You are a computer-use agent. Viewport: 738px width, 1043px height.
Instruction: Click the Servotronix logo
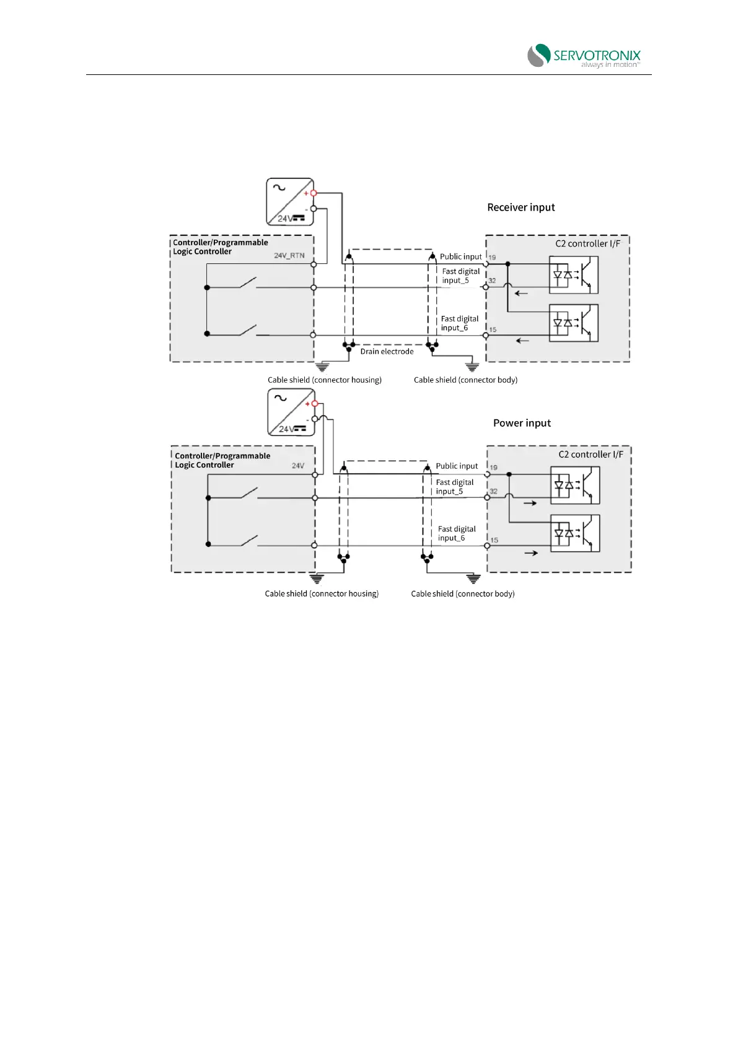pos(583,56)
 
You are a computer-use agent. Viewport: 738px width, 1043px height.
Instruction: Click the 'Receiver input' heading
pos(521,207)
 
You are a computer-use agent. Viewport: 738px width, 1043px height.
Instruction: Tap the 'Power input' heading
pos(522,423)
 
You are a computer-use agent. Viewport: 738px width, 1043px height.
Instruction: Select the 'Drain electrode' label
pos(387,351)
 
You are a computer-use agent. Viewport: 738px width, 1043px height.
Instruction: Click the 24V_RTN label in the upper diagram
pos(289,255)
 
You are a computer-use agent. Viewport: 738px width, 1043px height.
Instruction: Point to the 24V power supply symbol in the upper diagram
pos(289,202)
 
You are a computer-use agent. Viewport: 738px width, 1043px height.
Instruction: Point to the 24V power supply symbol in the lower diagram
pos(291,412)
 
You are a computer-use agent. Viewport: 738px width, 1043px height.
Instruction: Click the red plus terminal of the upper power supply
pos(314,193)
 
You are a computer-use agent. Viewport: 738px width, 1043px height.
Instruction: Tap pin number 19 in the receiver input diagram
pos(493,257)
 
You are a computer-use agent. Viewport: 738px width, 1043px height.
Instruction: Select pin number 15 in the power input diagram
pos(494,540)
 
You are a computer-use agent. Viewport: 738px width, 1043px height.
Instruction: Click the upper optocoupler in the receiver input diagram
pos(573,275)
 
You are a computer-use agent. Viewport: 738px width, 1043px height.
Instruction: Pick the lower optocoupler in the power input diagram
pos(575,533)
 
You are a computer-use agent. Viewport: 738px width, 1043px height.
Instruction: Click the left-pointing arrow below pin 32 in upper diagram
pos(521,293)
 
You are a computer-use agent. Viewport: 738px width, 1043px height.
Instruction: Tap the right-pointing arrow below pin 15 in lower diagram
pos(531,552)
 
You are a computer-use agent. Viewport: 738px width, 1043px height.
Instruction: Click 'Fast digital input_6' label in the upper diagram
pos(459,323)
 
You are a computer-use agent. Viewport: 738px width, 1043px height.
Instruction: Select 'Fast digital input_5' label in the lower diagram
pos(454,487)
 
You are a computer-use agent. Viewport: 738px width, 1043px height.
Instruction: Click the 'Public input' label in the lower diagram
pos(457,466)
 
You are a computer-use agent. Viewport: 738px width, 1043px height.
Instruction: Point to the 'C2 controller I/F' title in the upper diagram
pos(587,243)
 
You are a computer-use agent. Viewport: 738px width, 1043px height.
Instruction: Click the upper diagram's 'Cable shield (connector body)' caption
pos(465,380)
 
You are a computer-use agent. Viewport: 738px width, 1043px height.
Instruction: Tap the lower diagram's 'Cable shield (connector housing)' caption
pos(322,593)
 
